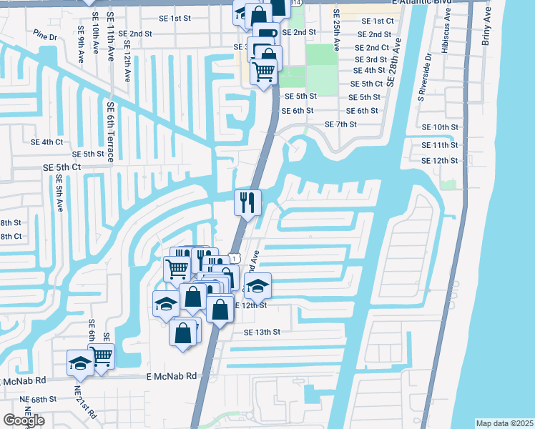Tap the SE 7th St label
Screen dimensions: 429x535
tap(340, 124)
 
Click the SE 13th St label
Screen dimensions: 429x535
tap(262, 332)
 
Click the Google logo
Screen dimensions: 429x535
tap(24, 420)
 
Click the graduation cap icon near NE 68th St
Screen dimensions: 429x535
tap(79, 362)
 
